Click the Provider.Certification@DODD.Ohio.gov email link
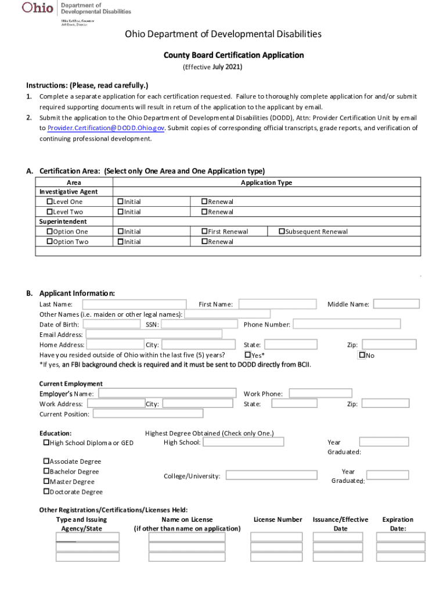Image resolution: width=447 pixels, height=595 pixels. click(106, 128)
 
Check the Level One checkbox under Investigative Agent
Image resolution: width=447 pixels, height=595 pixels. click(49, 202)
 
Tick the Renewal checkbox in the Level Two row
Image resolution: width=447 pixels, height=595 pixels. click(204, 212)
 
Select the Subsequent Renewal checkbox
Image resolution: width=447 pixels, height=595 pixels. click(282, 231)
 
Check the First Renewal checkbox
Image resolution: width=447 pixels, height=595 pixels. click(204, 231)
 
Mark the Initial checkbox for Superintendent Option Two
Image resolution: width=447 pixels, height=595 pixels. click(120, 242)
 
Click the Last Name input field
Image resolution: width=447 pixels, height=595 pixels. click(134, 304)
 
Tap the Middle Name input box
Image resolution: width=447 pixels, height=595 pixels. click(396, 304)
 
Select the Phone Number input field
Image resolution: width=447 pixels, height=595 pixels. click(347, 324)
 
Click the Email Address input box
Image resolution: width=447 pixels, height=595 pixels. click(153, 334)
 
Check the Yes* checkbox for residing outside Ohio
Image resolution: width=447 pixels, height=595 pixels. click(247, 355)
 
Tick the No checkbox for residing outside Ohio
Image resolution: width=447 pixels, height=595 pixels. click(362, 355)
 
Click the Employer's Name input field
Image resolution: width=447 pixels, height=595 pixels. click(167, 393)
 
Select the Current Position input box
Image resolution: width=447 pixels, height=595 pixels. click(148, 414)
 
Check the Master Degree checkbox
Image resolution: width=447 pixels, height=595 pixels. click(46, 482)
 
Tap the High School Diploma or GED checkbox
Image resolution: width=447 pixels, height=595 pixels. click(46, 443)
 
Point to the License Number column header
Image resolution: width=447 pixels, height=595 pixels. click(277, 519)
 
